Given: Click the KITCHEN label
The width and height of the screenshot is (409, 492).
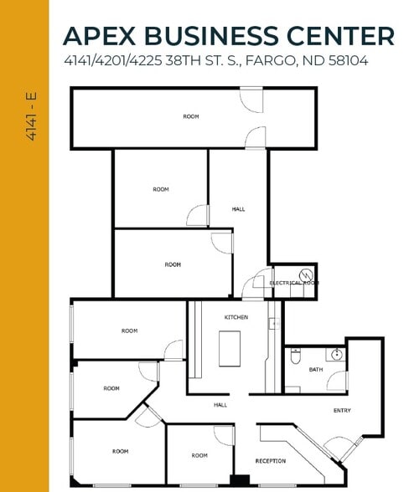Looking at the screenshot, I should point(236,318).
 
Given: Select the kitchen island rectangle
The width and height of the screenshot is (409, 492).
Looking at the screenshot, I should point(230,348).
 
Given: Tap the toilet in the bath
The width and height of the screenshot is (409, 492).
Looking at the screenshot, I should point(294,357).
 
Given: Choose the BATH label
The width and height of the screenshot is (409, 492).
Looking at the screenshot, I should point(315,369).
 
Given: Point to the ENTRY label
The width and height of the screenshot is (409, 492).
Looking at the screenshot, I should point(342,410).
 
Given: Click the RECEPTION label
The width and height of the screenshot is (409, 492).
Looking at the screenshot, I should point(270,461).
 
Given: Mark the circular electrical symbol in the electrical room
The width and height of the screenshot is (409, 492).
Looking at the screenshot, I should point(307,274).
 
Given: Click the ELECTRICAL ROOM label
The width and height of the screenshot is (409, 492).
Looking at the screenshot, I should point(293,284).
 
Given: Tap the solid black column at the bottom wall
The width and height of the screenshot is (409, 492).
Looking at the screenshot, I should point(240,480).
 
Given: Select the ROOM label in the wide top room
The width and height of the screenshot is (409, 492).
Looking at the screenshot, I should point(191,116).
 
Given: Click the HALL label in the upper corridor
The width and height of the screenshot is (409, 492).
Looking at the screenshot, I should point(238,209).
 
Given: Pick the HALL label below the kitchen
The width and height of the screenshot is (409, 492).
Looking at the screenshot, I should point(220,405).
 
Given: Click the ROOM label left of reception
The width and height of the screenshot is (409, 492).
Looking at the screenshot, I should point(199,455).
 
